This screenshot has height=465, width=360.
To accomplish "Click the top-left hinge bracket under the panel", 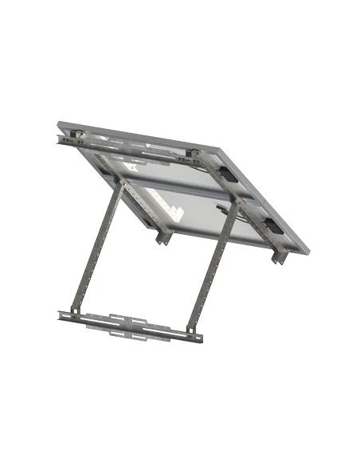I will [x=78, y=134].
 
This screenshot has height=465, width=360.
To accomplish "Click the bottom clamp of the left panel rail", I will [x=163, y=238].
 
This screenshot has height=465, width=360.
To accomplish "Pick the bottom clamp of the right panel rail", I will [x=278, y=257].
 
